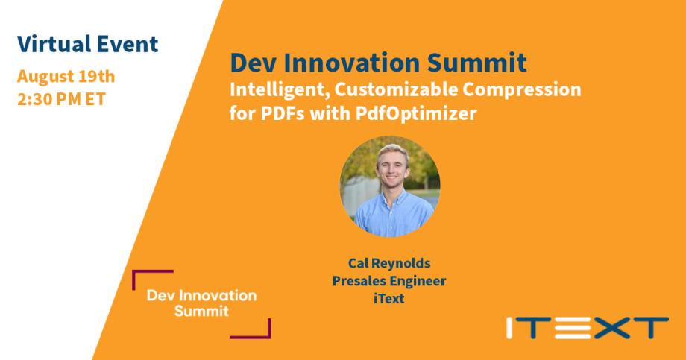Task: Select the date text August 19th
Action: (66, 76)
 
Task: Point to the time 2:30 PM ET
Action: (62, 99)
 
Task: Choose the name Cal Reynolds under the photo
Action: (390, 264)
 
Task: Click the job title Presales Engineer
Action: (390, 281)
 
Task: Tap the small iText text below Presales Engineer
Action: (390, 298)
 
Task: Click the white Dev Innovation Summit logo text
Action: (202, 303)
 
